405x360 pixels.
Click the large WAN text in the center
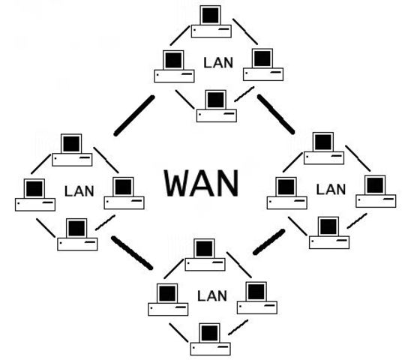[x=202, y=182]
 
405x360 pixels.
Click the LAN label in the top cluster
[x=218, y=63]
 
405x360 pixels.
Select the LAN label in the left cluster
[x=79, y=190]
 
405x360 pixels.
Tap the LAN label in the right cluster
[x=330, y=190]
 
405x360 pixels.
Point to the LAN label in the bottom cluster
[x=211, y=295]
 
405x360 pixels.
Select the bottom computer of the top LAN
[x=216, y=106]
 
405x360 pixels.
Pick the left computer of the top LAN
[x=174, y=66]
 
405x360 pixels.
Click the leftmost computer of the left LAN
[x=34, y=194]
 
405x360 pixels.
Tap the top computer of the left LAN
[x=71, y=149]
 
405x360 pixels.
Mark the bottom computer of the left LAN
[x=76, y=233]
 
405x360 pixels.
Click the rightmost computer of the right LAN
[x=375, y=191]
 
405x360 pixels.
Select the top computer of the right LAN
[x=322, y=148]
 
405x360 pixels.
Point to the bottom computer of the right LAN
[x=328, y=232]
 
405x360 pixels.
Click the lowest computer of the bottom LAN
[x=211, y=338]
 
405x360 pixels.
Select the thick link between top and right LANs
[x=276, y=113]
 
